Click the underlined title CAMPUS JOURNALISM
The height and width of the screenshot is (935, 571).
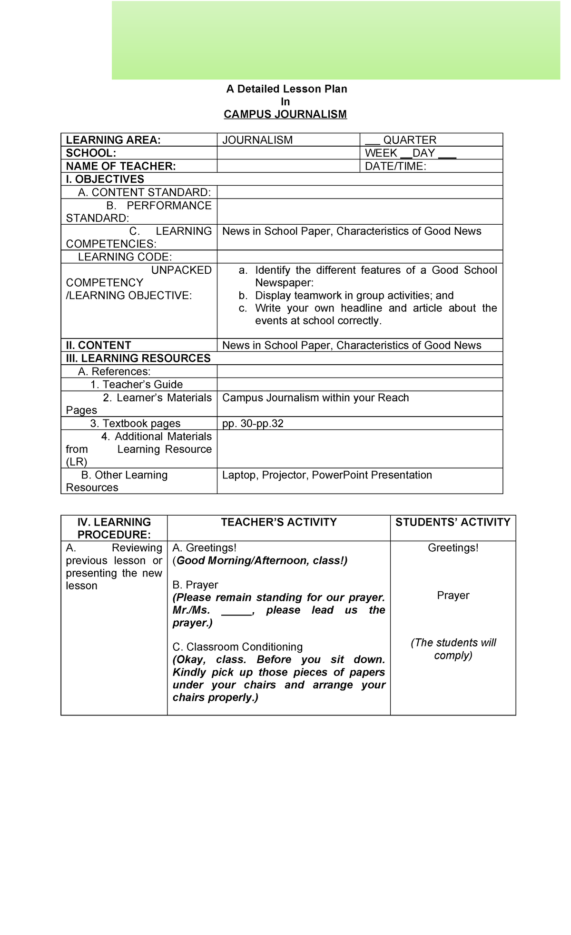(285, 114)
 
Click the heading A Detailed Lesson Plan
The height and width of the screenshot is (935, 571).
(286, 89)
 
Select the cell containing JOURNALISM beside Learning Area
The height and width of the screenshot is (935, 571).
(257, 140)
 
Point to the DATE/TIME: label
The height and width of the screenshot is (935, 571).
(395, 166)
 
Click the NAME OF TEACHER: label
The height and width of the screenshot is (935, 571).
(121, 166)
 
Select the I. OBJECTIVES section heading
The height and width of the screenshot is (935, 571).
(105, 179)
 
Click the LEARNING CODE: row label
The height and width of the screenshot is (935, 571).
(125, 257)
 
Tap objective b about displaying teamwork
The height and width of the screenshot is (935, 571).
(354, 296)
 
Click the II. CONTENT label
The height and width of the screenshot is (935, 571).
(98, 345)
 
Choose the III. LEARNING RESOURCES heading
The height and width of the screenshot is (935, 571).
(138, 358)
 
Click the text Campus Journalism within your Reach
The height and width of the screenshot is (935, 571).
(315, 398)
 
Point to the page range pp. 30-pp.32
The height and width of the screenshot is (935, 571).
(253, 424)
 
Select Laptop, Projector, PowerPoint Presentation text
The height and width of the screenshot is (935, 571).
(327, 475)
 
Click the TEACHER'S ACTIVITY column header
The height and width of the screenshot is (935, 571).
(279, 522)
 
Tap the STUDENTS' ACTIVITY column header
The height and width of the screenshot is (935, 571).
(453, 522)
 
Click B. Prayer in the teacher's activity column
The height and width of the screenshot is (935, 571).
(195, 585)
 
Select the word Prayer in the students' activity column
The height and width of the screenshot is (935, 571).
(453, 596)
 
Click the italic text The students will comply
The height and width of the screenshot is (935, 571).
(453, 649)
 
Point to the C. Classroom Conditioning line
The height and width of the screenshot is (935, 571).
(237, 647)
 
